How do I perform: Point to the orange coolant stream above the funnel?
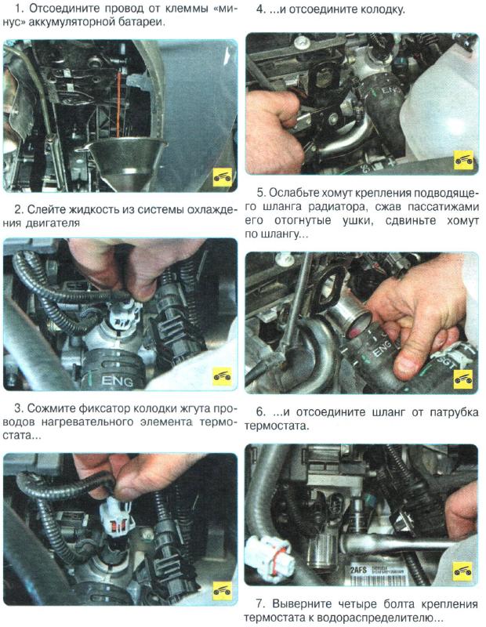coord(119,105)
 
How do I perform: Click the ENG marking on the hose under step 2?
coord(117,380)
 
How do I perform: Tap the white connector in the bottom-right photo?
coord(268,556)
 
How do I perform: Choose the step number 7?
coord(260,603)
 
